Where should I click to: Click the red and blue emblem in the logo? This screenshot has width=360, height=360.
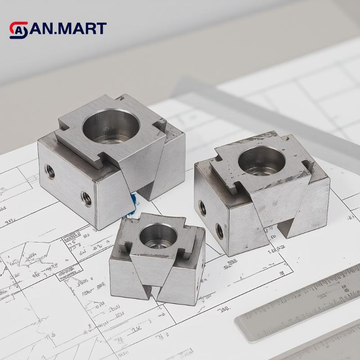pos(18,30)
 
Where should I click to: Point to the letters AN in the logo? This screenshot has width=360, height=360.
pos(41,29)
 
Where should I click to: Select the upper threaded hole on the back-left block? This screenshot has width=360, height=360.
pos(49,171)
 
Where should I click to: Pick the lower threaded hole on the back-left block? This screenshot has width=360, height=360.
pos(86,197)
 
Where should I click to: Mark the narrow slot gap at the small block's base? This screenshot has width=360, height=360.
pos(157,295)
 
